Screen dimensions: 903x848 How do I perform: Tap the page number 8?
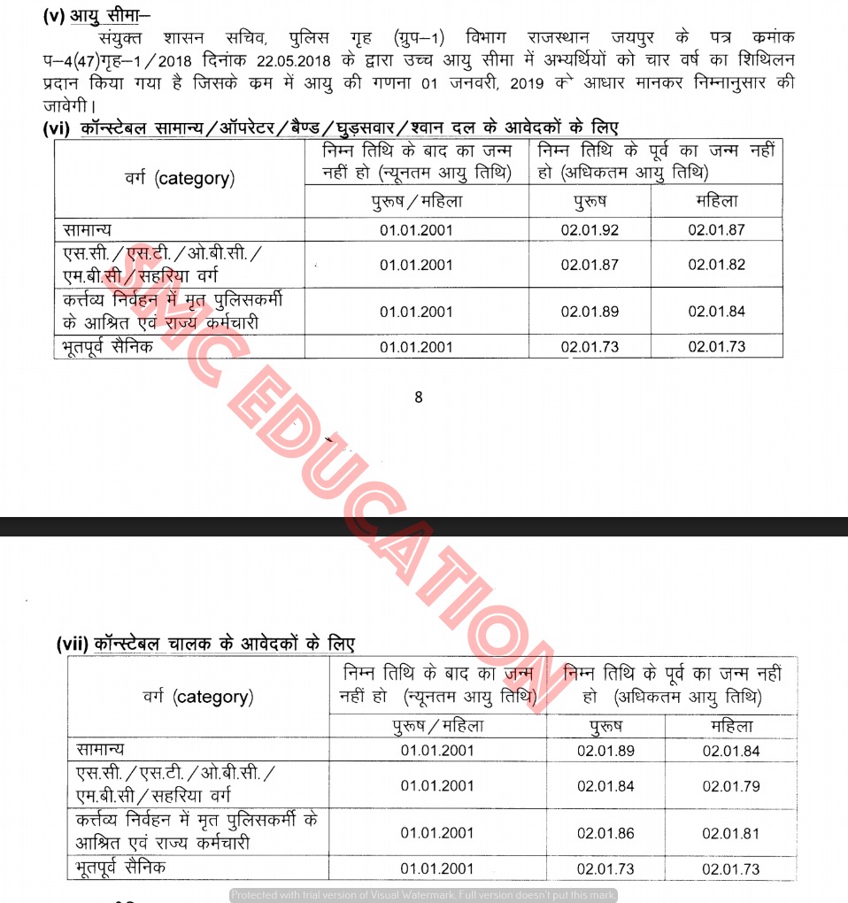click(419, 397)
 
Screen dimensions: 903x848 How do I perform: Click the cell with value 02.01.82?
click(716, 265)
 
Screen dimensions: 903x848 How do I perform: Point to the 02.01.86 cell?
click(605, 833)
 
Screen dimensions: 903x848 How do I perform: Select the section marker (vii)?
click(71, 645)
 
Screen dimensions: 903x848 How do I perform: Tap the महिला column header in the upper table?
click(716, 202)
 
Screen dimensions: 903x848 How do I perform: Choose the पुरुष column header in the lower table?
click(605, 726)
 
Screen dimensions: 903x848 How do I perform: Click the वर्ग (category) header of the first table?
click(180, 178)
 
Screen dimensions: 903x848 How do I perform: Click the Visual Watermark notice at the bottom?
click(423, 895)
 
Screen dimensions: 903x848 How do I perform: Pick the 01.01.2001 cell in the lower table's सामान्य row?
click(437, 751)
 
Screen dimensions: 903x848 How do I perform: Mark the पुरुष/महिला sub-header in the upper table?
click(416, 202)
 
